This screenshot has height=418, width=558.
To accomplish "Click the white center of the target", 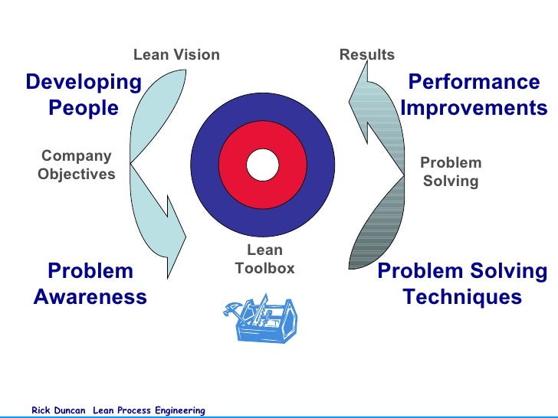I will point(262,164).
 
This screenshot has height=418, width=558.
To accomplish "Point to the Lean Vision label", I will point(176,55).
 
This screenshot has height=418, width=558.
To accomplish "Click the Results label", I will point(366,55).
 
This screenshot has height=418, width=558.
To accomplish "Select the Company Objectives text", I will point(76,165).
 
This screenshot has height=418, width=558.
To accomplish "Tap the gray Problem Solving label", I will point(451,172).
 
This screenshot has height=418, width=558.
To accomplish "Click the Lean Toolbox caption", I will point(264,260).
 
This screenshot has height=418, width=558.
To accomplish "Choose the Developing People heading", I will point(84,95).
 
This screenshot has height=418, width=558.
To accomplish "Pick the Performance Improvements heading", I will point(474,95).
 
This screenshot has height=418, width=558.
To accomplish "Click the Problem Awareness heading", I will point(90,284).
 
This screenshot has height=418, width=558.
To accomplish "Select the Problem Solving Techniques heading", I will point(462,284).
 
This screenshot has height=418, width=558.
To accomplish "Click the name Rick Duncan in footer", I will point(58,411).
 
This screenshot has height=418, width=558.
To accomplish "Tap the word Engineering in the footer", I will point(179,411).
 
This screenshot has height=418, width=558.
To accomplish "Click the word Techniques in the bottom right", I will point(462,297).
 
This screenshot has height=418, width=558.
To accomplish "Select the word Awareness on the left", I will point(90,297).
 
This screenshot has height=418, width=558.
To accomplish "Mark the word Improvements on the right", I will point(474,108).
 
